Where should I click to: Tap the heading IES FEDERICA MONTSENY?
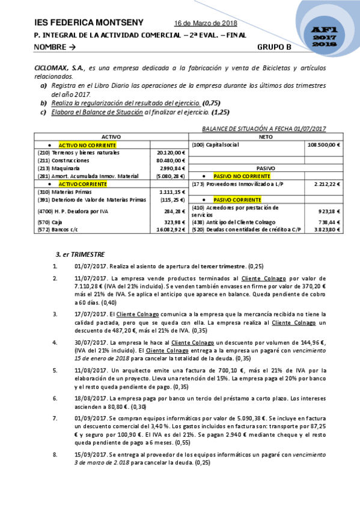click(90, 23)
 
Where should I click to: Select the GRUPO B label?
click(274, 46)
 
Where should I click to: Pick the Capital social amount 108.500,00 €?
click(324, 145)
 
